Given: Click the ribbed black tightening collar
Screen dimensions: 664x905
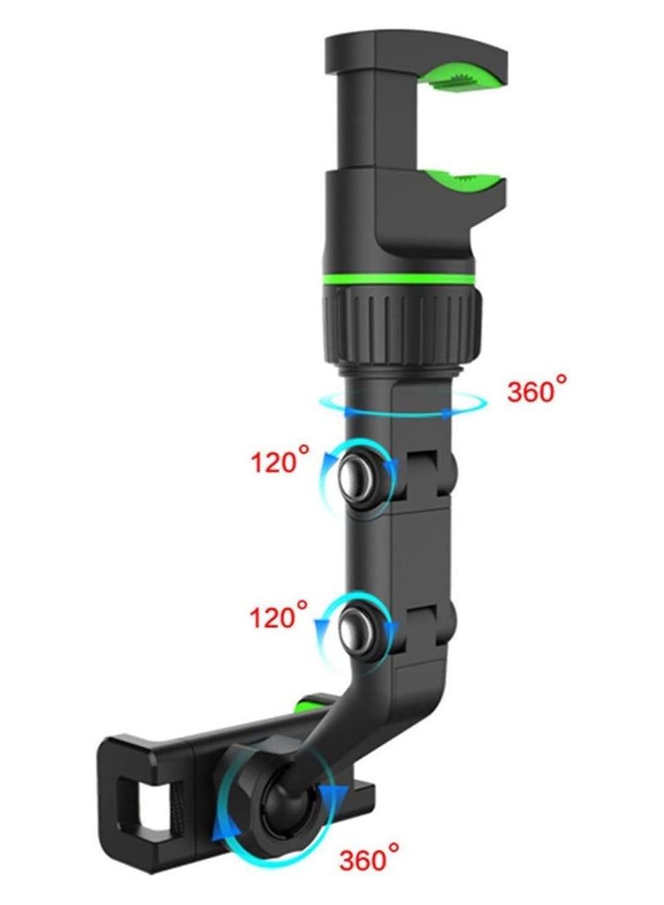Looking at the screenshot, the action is (x=402, y=319).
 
